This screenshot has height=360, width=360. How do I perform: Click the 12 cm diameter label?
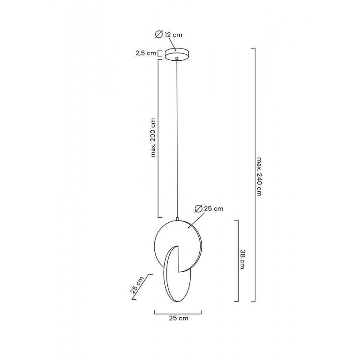click(168, 35)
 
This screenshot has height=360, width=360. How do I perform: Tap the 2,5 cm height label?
click(146, 54)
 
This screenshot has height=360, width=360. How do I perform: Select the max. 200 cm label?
click(153, 138)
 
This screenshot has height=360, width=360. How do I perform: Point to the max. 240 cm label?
click(259, 176)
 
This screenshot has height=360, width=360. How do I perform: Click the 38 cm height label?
click(242, 259)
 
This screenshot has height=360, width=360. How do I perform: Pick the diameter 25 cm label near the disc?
click(209, 209)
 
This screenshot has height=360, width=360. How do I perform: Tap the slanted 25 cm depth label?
click(137, 285)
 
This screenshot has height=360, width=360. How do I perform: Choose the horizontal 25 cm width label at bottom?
click(179, 318)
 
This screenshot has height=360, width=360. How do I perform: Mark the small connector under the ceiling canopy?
click(177, 58)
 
